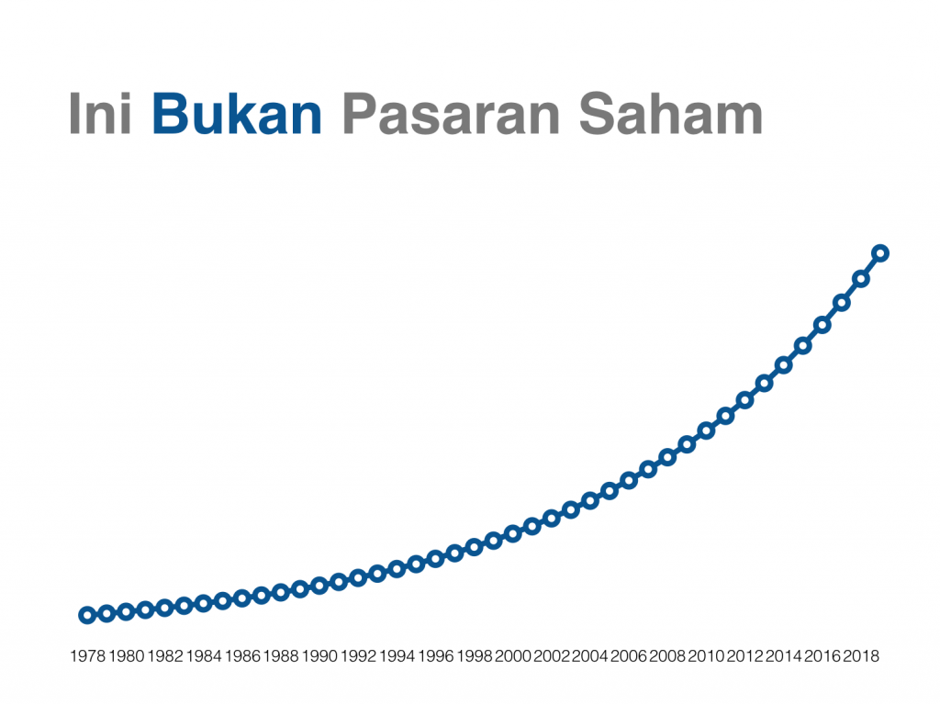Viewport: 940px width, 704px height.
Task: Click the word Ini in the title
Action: [100, 113]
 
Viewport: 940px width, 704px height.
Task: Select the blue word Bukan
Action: [237, 113]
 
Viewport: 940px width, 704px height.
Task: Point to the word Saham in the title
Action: [671, 113]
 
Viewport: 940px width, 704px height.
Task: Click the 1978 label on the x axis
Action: [87, 656]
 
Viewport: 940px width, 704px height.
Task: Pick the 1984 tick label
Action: [204, 656]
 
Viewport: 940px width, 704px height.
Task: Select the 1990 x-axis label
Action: [319, 656]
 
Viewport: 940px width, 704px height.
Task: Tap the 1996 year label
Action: [436, 656]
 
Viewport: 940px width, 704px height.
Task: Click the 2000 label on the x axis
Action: [513, 656]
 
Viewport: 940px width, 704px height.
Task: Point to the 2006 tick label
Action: [629, 656]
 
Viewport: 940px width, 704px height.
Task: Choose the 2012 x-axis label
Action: [745, 656]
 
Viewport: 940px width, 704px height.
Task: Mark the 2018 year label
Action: [861, 656]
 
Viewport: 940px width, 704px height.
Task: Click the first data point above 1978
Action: [87, 615]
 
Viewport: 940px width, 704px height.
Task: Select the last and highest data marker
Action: [880, 253]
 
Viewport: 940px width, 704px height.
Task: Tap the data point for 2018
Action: [861, 279]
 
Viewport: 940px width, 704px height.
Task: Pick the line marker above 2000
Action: [512, 533]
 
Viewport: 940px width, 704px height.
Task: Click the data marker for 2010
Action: [706, 430]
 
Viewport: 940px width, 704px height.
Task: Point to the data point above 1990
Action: [319, 586]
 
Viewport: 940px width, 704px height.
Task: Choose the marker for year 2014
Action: [784, 365]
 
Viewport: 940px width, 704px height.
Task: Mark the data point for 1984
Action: [203, 603]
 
